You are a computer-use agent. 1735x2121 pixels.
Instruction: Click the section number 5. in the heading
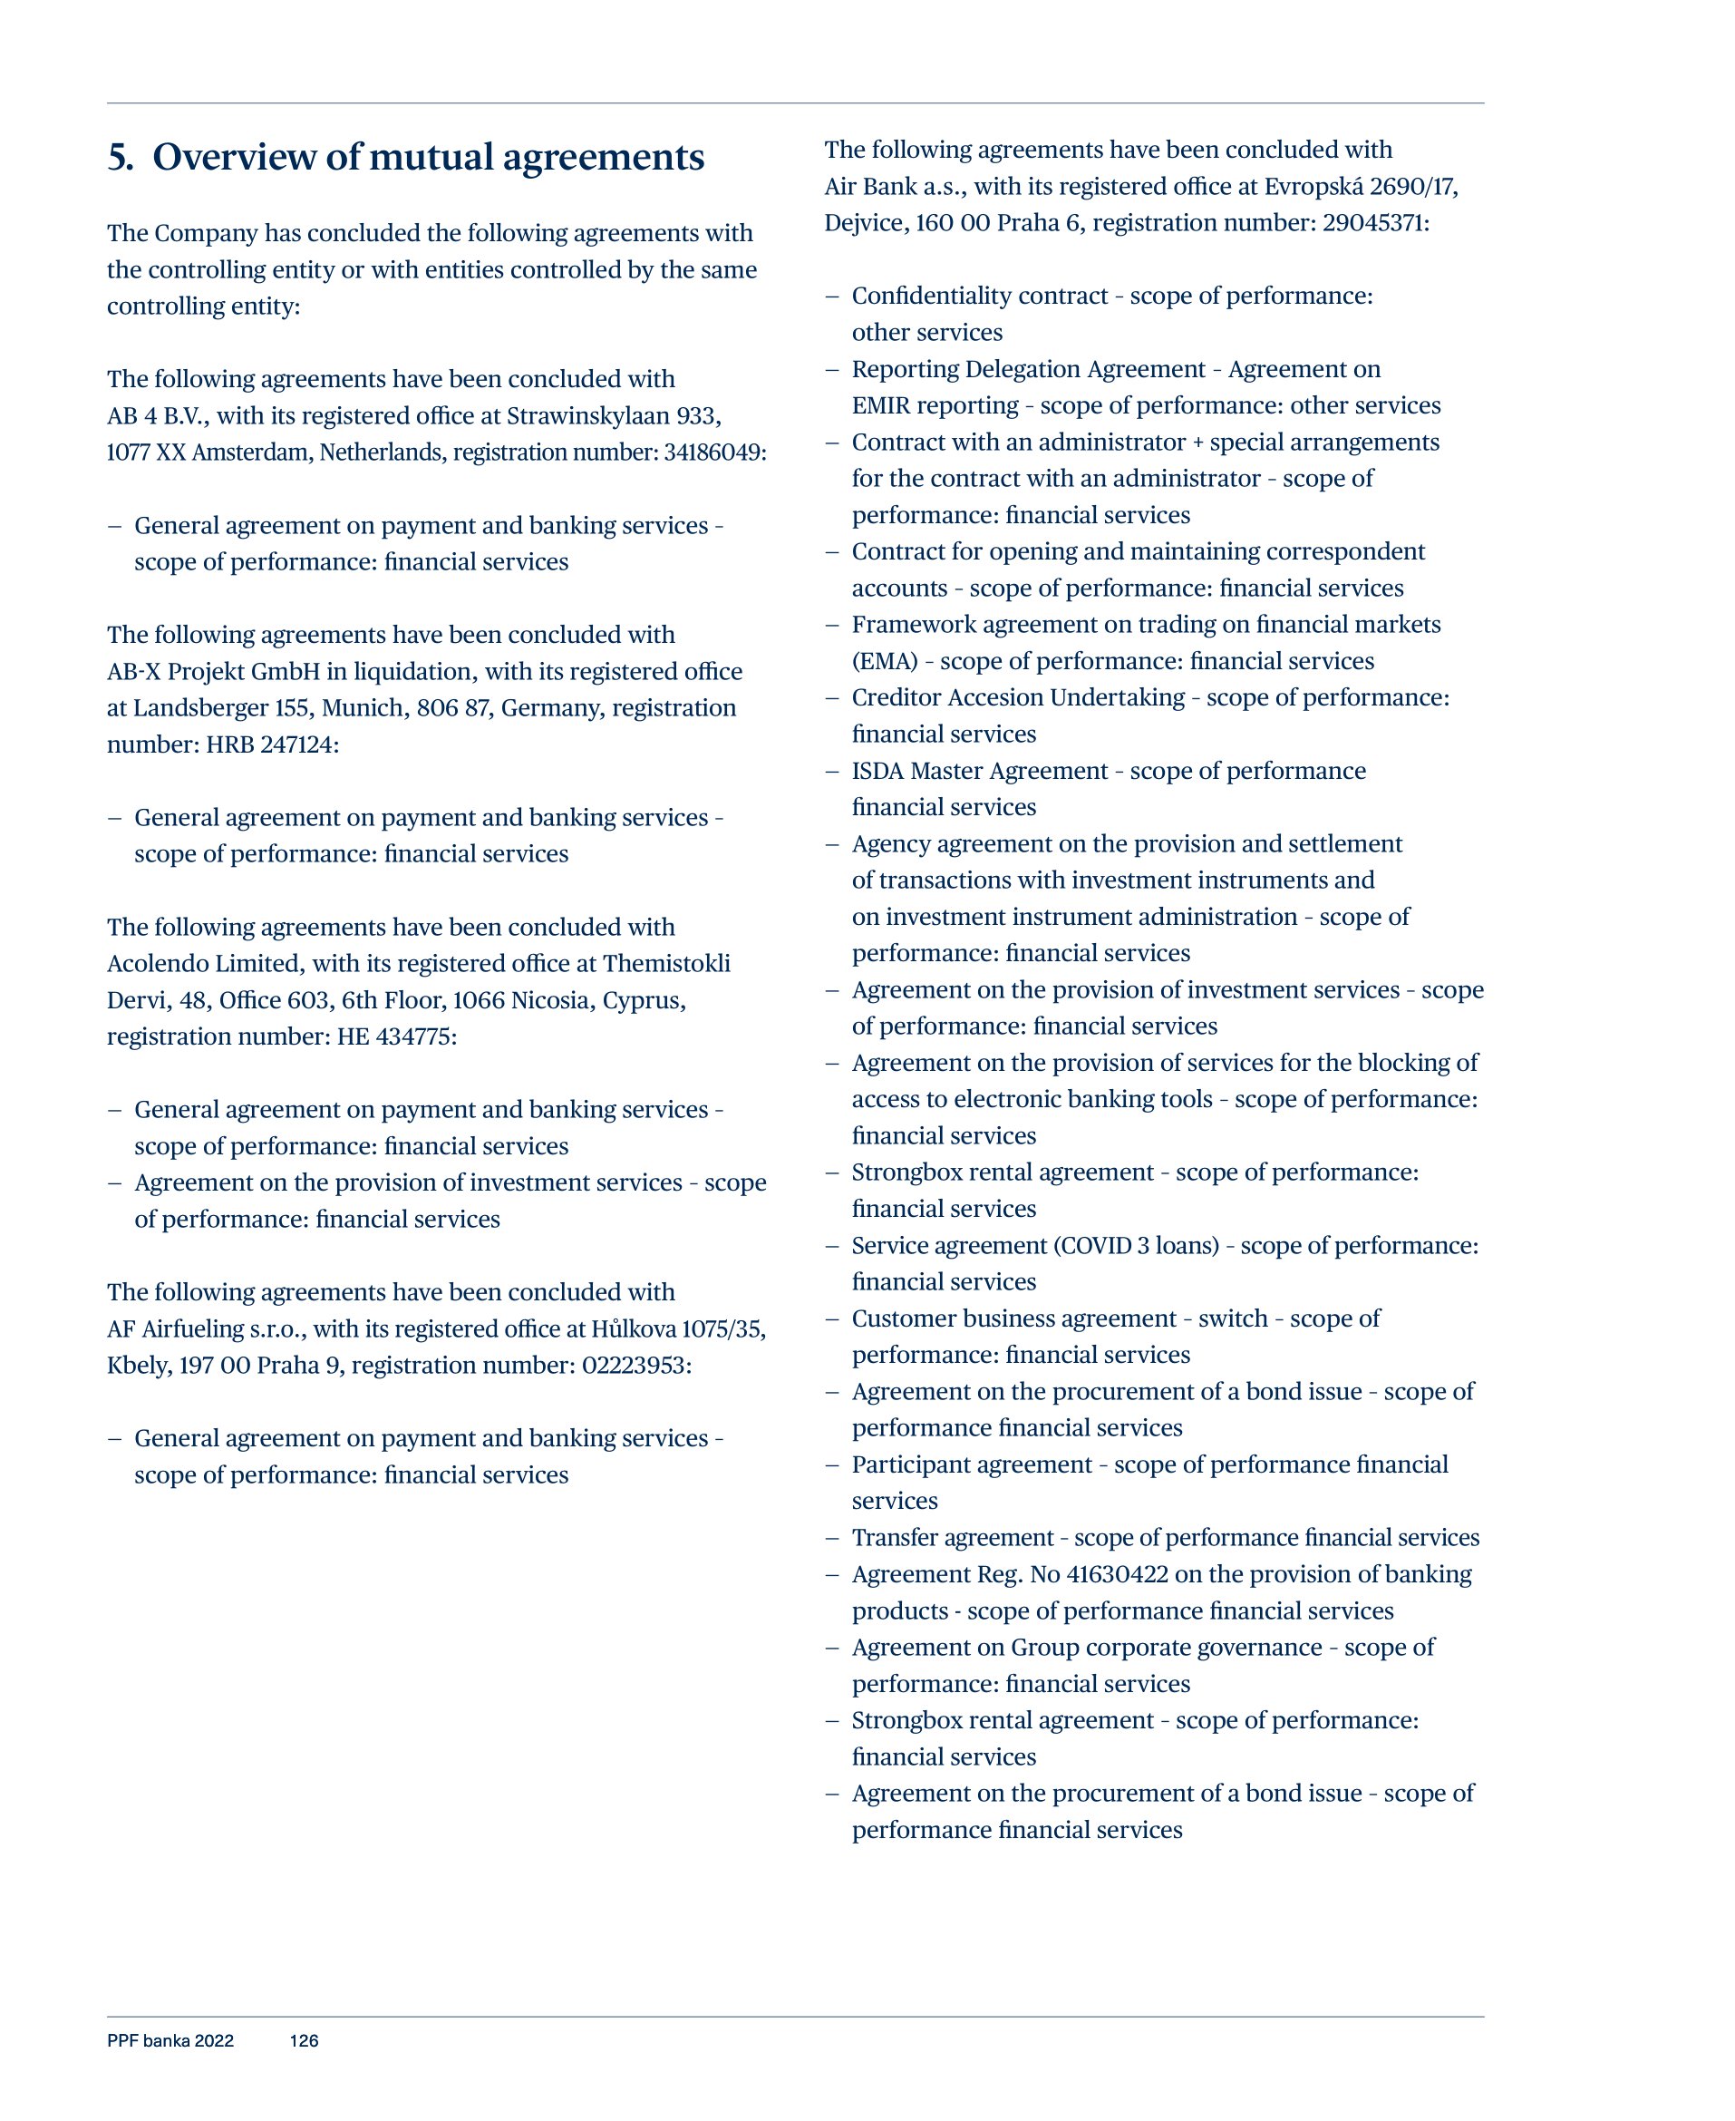tap(120, 157)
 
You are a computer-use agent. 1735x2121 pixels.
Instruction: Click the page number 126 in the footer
tap(304, 2040)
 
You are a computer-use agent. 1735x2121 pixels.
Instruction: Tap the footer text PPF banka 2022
tap(170, 2040)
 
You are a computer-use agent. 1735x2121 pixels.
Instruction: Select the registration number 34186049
tap(713, 452)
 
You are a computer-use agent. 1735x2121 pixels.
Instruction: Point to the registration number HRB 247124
tap(271, 744)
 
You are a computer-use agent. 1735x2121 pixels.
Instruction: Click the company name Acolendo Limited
tap(205, 964)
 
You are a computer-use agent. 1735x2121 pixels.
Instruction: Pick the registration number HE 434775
tap(395, 1036)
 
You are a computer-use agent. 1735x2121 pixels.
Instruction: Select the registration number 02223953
tap(635, 1366)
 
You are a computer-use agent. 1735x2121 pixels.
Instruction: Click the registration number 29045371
tap(1374, 223)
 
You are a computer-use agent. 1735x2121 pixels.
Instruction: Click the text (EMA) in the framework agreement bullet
tap(884, 662)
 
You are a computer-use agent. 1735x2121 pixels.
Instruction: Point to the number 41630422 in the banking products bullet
tap(1117, 1574)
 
